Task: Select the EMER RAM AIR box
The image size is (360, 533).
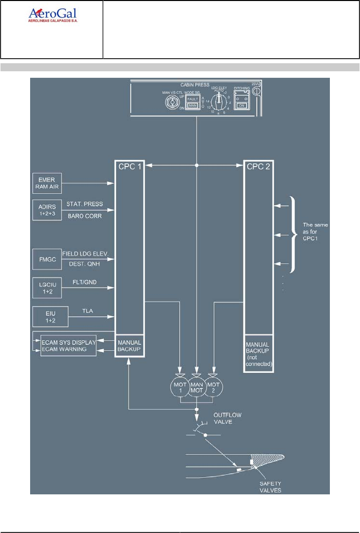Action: coord(46,181)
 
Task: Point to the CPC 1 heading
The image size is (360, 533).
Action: coord(130,166)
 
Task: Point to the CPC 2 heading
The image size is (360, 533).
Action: coord(259,166)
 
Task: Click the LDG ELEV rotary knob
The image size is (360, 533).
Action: coord(218,103)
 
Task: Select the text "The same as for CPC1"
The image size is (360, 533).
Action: coord(314,232)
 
